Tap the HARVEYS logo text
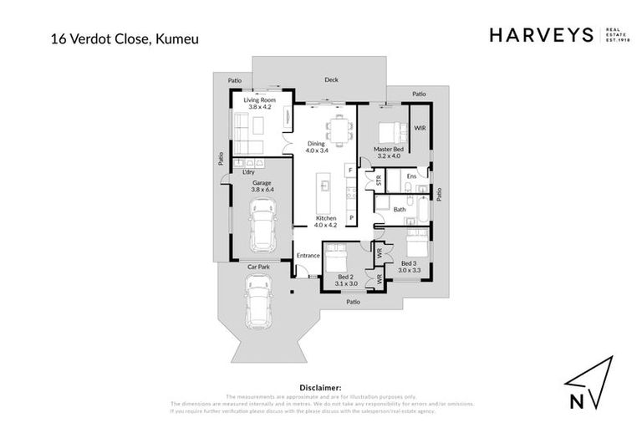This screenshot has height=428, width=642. (x=540, y=35)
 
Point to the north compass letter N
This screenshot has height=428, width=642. (x=577, y=400)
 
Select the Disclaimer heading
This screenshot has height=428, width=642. (x=320, y=388)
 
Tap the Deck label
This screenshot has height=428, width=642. (x=331, y=80)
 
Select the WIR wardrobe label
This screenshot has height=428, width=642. (x=420, y=127)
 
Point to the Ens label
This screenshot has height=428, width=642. (x=411, y=176)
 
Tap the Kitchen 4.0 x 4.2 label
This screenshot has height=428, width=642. (x=325, y=221)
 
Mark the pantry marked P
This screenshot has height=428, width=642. (x=351, y=217)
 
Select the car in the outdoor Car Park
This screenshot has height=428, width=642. (x=258, y=303)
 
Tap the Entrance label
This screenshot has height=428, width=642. (x=308, y=255)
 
